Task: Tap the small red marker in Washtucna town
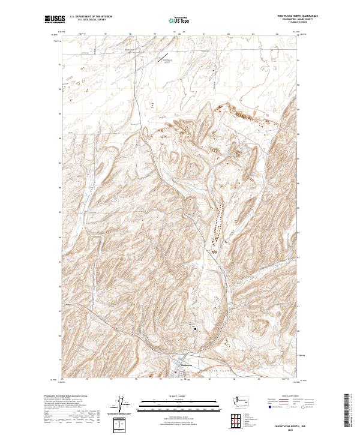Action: click(x=175, y=372)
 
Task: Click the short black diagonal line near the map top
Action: click(x=164, y=58)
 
